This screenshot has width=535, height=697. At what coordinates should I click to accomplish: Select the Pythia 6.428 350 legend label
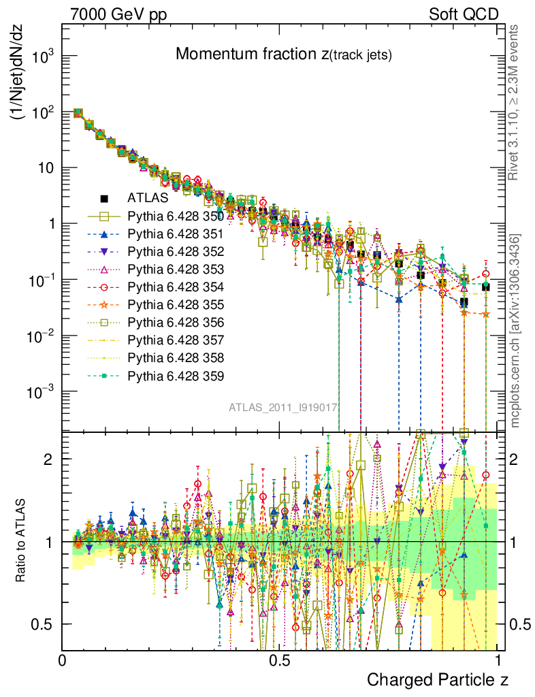coord(176,216)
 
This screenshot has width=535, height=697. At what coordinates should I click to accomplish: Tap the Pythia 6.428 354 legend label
coord(176,287)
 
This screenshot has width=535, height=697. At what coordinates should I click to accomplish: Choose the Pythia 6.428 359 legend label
coord(176,375)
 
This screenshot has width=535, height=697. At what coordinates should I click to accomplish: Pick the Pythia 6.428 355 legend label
coord(176,304)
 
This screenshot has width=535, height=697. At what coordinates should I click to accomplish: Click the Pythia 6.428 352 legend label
coord(176,251)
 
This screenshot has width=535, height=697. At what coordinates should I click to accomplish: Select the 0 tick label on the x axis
coord(63,660)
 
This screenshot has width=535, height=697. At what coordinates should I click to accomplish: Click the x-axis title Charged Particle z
coord(438,679)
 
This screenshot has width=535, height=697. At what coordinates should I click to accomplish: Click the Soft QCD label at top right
coord(464,14)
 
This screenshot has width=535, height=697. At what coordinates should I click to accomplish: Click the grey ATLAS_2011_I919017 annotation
coord(283,408)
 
